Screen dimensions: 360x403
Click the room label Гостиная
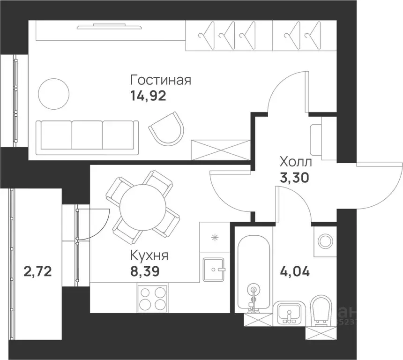click(x=160, y=79)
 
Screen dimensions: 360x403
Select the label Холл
click(x=295, y=162)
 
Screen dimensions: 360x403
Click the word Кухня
click(x=149, y=256)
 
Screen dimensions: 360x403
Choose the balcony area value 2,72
click(x=37, y=271)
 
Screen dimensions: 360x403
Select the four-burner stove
click(x=153, y=298)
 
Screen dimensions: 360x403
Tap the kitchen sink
click(x=214, y=270)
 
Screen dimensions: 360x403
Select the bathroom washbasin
click(x=289, y=312)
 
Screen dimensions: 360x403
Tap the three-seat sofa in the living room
click(x=87, y=135)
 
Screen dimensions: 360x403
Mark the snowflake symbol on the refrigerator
click(x=215, y=237)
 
